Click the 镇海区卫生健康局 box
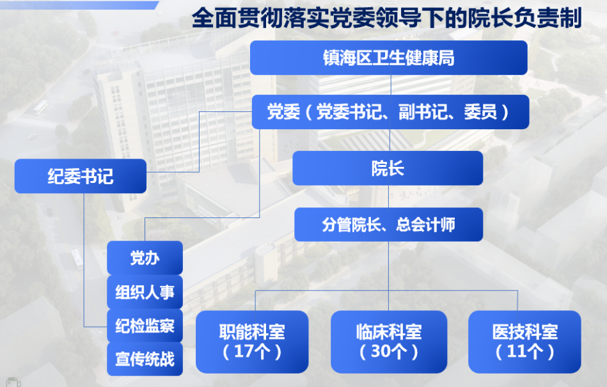click(389, 58)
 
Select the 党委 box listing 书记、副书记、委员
click(390, 112)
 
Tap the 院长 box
click(388, 168)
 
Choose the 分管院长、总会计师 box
click(389, 225)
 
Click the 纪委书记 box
click(81, 176)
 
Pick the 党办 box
click(145, 258)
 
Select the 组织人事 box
click(145, 292)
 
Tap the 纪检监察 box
click(145, 326)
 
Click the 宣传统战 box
click(145, 359)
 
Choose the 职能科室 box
click(252, 342)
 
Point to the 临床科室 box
click(389, 342)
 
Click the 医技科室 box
click(524, 342)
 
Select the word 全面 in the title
click(214, 18)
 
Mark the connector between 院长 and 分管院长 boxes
click(389, 196)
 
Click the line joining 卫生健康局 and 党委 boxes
click(391, 84)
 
